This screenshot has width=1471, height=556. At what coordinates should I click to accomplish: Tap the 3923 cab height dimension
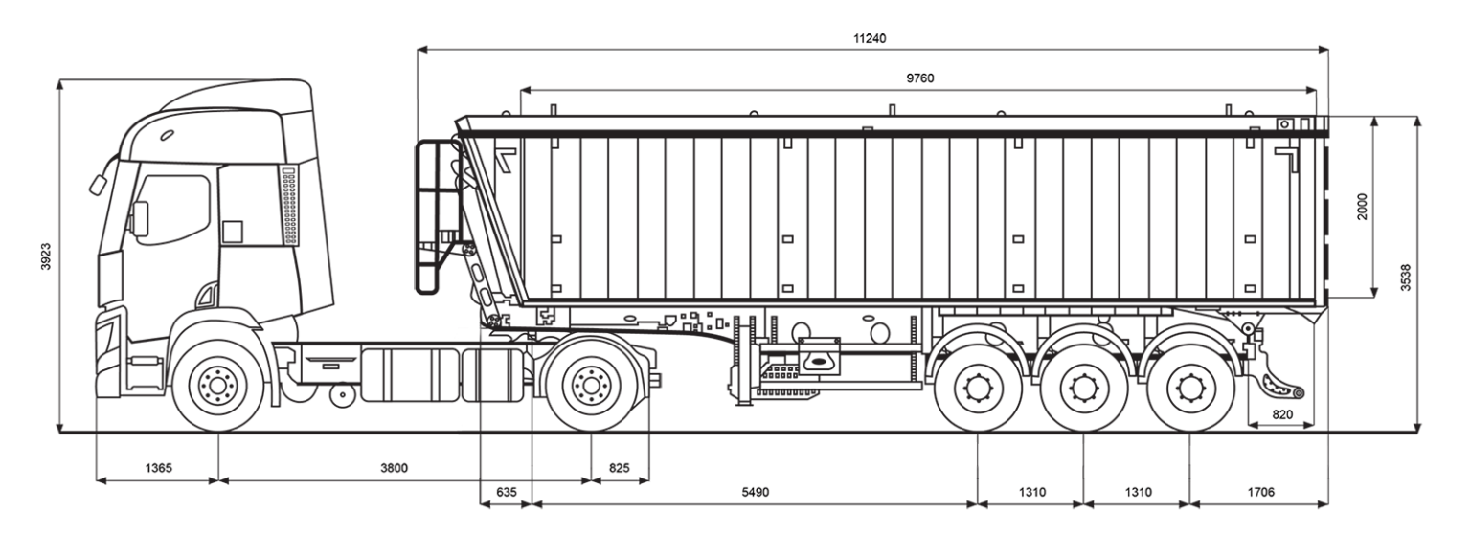pyautogui.click(x=45, y=256)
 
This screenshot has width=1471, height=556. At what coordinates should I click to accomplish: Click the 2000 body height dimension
pyautogui.click(x=1361, y=207)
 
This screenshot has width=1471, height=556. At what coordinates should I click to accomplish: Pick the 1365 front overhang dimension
pyautogui.click(x=158, y=468)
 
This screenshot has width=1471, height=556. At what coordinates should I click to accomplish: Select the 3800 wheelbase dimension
pyautogui.click(x=395, y=468)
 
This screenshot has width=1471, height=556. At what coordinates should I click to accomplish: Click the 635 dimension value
pyautogui.click(x=505, y=492)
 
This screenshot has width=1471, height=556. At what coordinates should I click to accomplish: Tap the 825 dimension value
pyautogui.click(x=621, y=468)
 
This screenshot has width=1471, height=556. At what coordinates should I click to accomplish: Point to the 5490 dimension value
pyautogui.click(x=755, y=492)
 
